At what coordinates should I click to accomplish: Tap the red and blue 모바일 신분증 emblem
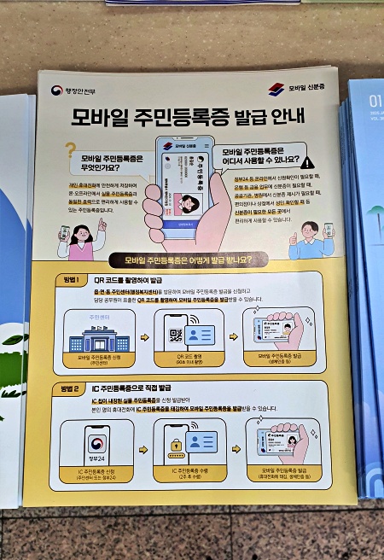(276, 89)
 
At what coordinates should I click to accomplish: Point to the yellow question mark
(71, 151)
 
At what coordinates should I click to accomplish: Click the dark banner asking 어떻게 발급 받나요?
(195, 260)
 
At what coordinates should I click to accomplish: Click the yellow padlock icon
(177, 445)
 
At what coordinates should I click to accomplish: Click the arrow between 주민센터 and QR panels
(143, 337)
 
